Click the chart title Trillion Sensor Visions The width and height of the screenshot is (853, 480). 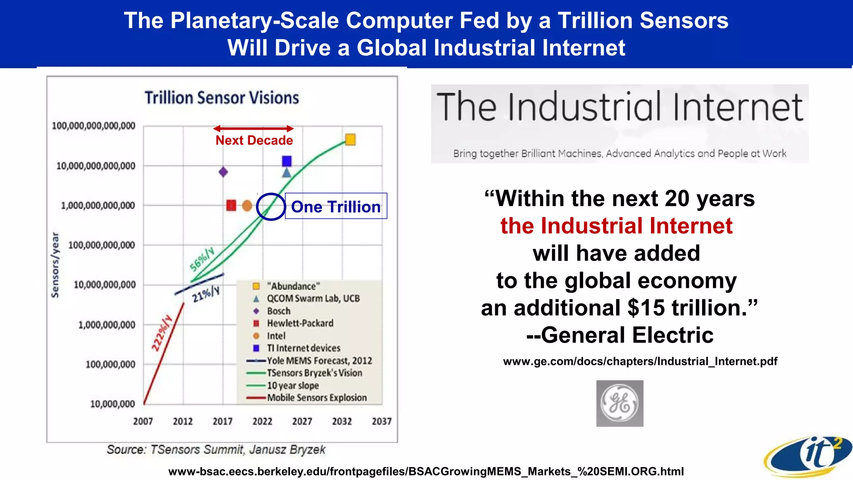(222, 98)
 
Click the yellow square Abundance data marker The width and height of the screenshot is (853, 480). (350, 140)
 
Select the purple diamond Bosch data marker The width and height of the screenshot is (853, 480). (223, 172)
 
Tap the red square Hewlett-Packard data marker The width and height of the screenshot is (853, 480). (231, 205)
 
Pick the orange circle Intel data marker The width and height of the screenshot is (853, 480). (247, 205)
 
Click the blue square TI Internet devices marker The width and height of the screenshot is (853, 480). (287, 161)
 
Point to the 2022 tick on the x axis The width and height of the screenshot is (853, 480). (262, 421)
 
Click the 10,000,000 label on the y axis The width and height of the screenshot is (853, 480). (112, 404)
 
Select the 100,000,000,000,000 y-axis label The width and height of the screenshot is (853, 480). (93, 126)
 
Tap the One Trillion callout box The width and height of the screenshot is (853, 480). (336, 206)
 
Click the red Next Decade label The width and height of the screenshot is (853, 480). (254, 140)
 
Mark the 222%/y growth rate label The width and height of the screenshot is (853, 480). (161, 333)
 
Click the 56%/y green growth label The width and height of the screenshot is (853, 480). (202, 259)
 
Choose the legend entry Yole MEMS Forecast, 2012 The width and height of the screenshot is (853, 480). (319, 361)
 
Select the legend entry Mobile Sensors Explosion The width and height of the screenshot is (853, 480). (317, 398)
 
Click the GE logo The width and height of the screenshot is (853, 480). (619, 403)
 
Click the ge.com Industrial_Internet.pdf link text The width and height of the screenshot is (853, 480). (640, 361)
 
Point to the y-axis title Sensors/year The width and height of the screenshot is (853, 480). (55, 265)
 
